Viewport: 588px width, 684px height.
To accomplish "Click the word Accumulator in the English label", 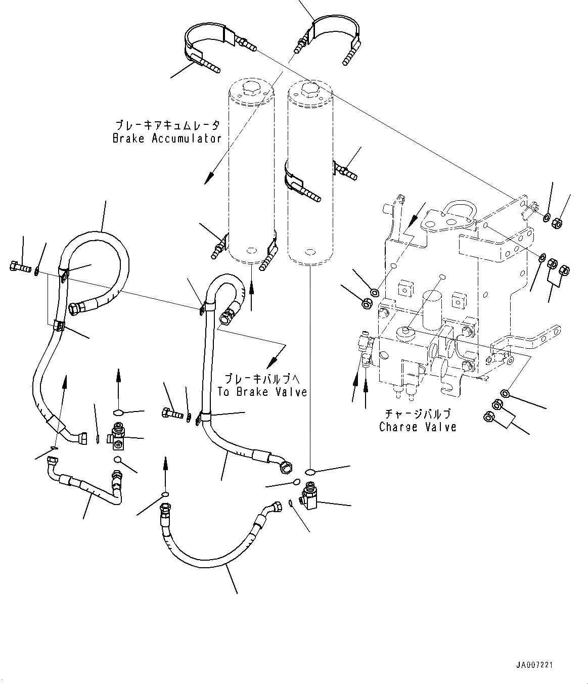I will [187, 139].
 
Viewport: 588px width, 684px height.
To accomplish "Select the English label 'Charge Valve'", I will [418, 427].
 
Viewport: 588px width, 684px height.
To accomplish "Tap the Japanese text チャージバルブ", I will [417, 414].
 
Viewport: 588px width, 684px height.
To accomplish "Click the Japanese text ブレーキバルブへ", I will [262, 378].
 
